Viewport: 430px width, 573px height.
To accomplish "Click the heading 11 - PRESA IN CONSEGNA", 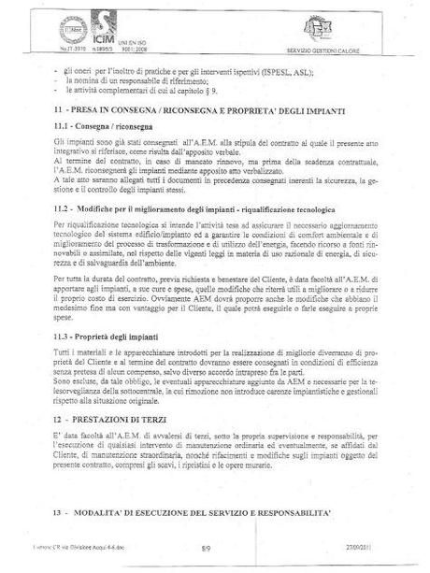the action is (x=191, y=109).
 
